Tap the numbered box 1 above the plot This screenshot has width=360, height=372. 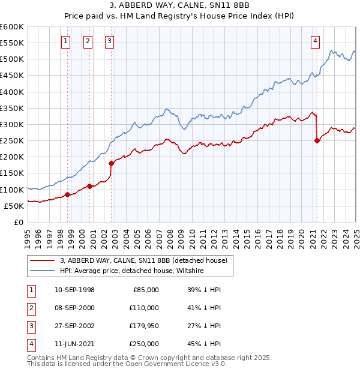(65, 41)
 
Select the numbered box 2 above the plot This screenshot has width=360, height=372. (88, 41)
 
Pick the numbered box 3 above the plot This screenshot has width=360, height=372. (110, 41)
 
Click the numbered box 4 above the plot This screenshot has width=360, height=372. (315, 41)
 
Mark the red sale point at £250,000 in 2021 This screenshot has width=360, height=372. (317, 141)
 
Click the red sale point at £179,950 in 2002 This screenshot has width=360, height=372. (111, 163)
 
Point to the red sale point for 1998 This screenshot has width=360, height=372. (67, 194)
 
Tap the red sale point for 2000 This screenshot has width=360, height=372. (89, 186)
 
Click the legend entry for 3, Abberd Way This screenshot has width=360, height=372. (143, 261)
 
